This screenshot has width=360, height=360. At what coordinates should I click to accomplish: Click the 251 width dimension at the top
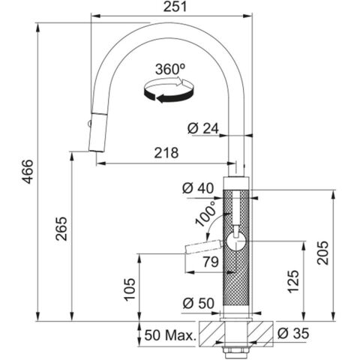tap(175, 7)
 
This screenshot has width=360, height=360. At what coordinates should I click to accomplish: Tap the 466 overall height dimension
tap(27, 172)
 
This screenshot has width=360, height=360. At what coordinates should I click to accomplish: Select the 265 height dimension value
tap(61, 229)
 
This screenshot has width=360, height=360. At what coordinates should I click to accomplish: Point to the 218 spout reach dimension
tap(166, 153)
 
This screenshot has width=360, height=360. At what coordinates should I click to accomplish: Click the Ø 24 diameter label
tap(203, 129)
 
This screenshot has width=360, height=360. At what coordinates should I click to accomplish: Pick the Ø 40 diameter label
tap(198, 188)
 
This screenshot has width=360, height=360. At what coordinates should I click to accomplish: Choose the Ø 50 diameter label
tap(199, 304)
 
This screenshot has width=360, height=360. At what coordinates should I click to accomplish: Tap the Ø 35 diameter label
tap(293, 333)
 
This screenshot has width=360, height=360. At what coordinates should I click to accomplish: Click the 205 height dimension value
tap(322, 253)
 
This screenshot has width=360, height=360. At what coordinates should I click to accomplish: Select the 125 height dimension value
tap(293, 281)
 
